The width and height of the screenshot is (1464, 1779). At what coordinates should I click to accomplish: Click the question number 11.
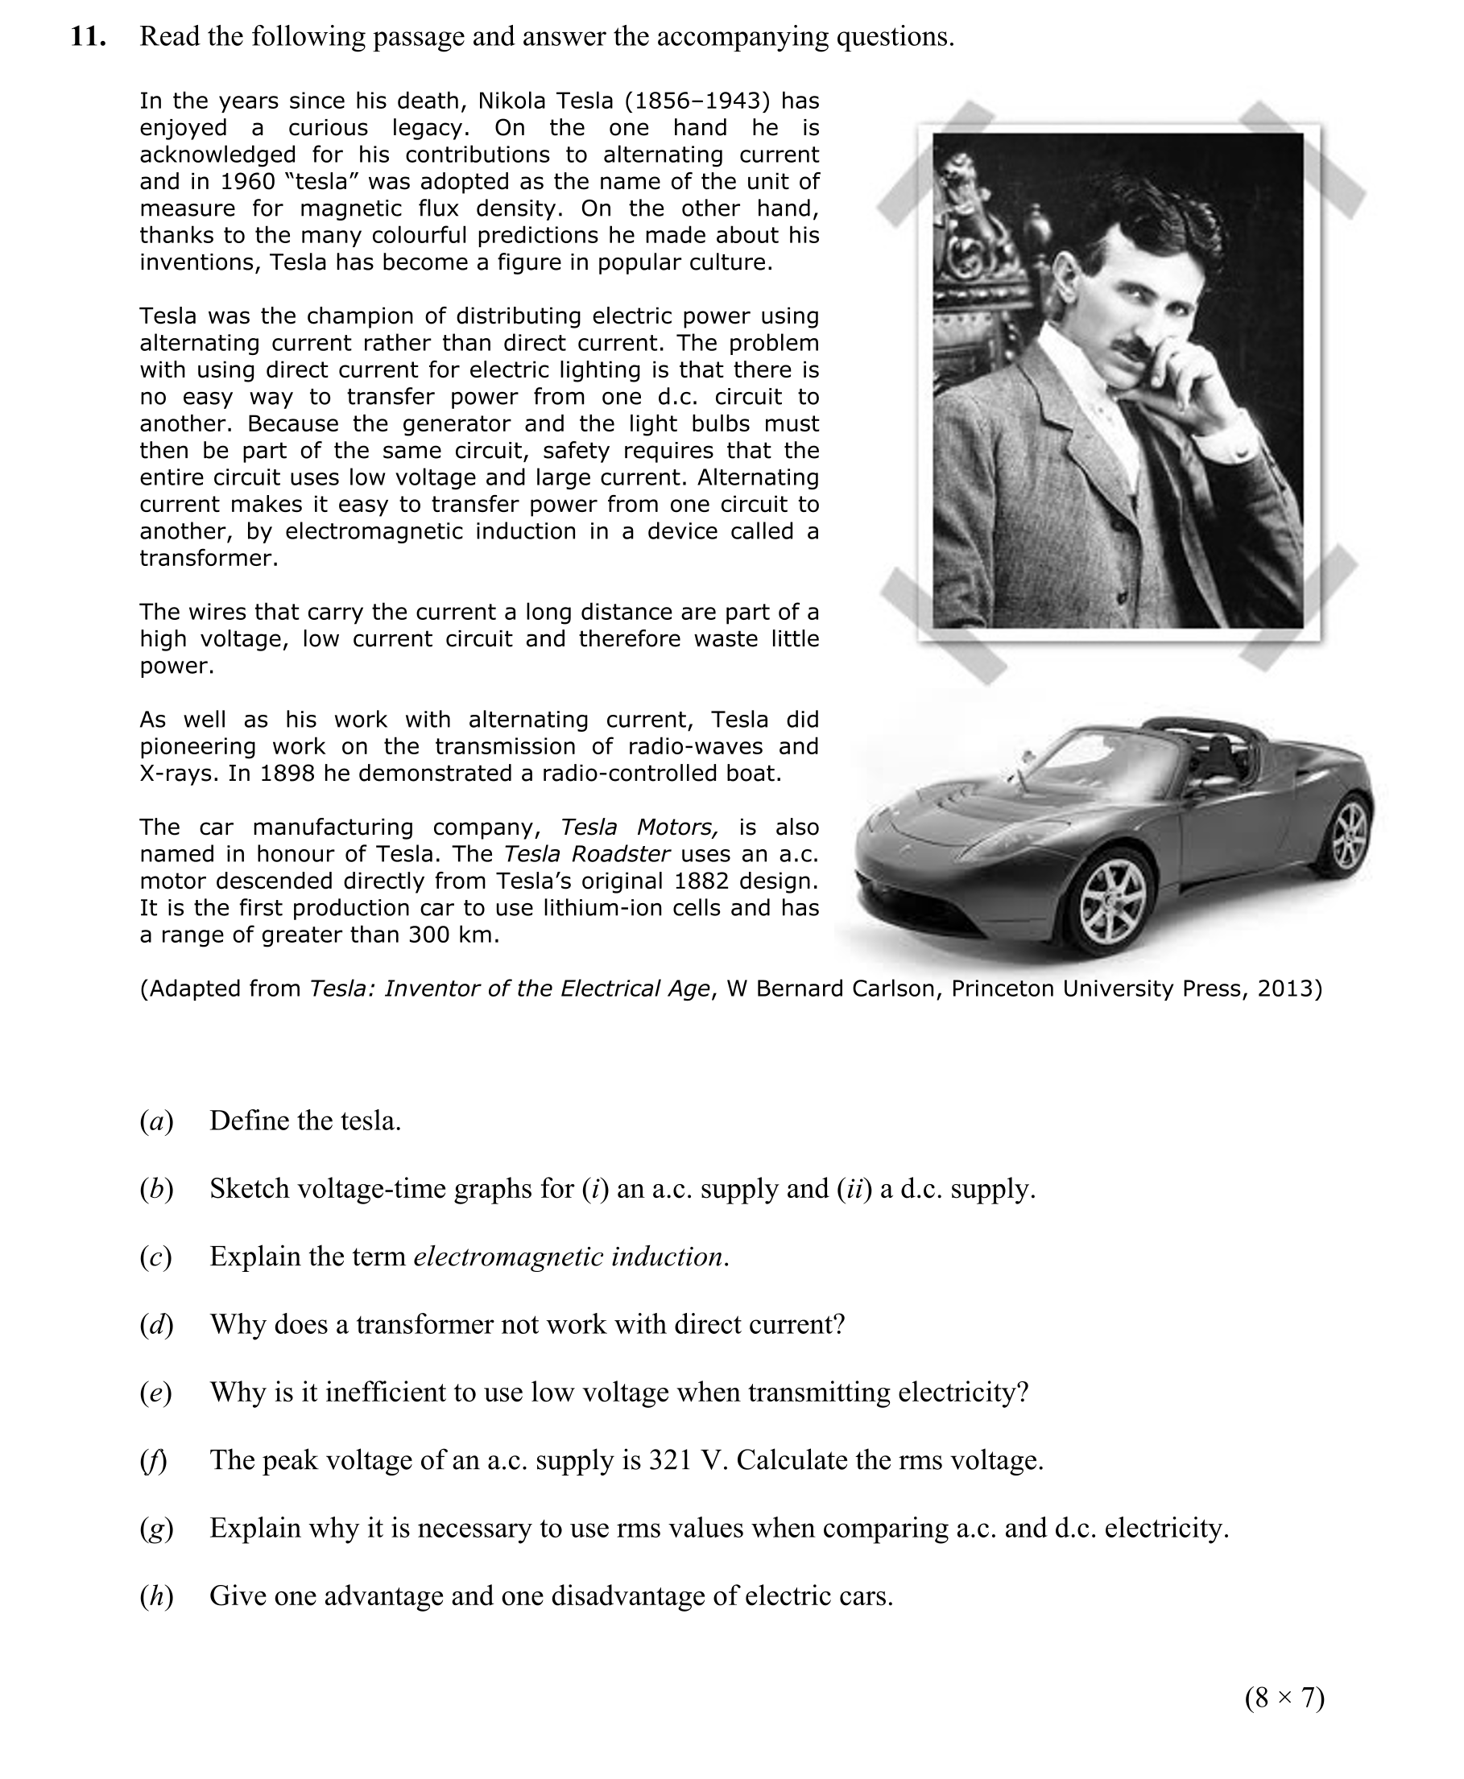88,37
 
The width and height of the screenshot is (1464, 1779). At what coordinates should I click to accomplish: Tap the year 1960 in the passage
248,182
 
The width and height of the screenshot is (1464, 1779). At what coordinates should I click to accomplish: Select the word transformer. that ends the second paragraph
209,559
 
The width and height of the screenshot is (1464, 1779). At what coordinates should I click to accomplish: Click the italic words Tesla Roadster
586,854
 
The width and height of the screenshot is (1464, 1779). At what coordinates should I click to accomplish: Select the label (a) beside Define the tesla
156,1121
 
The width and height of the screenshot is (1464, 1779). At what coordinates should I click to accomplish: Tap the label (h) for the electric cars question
156,1596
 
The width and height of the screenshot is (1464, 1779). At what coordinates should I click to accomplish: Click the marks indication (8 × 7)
1284,1698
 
